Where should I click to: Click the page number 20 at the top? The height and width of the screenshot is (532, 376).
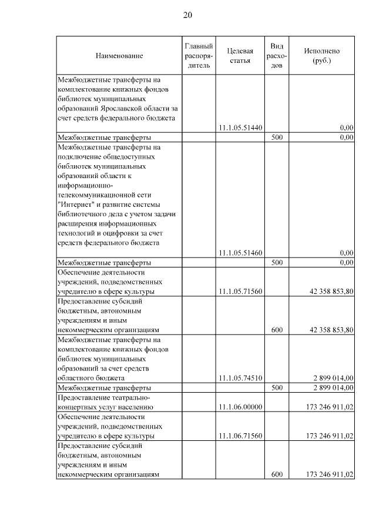[188, 15]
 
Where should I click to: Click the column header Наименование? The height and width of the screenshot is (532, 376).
[119, 56]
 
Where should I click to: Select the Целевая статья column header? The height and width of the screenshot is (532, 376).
[240, 56]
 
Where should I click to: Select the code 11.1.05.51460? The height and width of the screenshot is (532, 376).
[240, 253]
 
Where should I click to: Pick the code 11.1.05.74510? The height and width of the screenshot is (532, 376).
[240, 378]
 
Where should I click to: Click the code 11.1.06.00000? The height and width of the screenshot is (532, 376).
[240, 407]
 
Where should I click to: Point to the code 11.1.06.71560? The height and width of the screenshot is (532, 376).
[240, 436]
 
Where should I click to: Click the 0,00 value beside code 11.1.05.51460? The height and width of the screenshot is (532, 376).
[347, 253]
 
